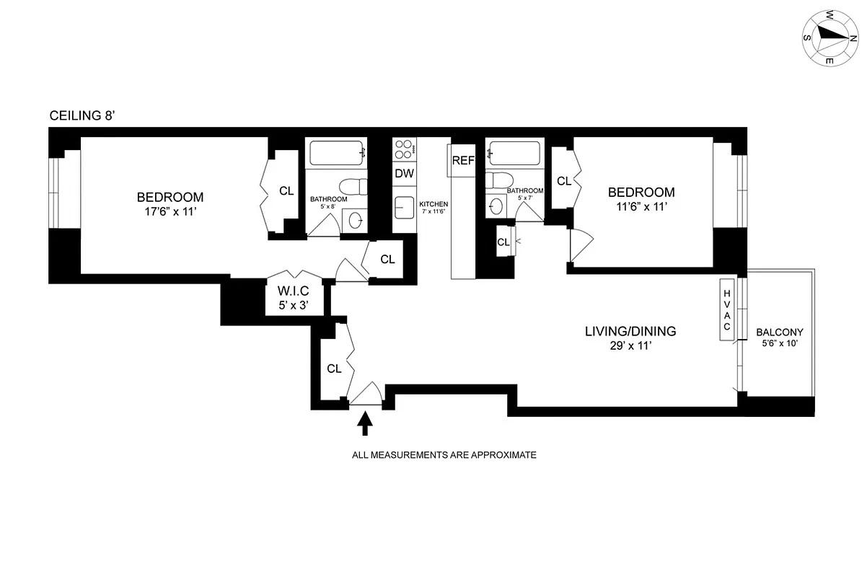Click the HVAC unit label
(727, 309)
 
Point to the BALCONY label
(779, 332)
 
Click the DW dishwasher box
(403, 173)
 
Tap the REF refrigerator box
(462, 160)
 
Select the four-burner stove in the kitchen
(404, 150)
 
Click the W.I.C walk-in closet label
(294, 293)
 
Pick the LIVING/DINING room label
(630, 332)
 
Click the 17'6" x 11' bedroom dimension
(170, 212)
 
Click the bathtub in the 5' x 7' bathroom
(514, 152)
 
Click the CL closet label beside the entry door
(333, 369)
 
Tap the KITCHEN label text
(433, 204)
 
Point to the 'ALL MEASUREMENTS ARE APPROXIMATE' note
(444, 456)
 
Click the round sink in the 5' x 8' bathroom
(355, 218)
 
